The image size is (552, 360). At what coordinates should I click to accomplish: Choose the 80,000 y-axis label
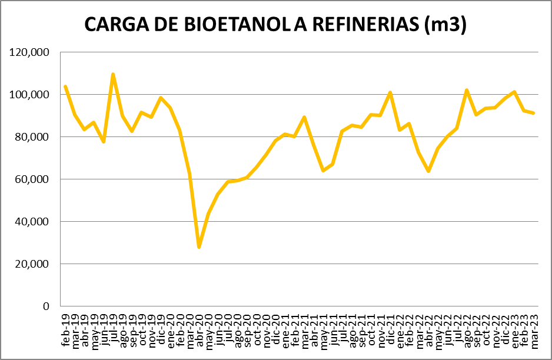pos(33,137)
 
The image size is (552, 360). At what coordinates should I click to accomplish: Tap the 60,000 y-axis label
pos(33,179)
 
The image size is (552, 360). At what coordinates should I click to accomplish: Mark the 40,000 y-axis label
pos(33,222)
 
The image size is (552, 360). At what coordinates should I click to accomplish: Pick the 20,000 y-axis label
pos(33,264)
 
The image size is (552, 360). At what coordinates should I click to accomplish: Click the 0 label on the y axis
pos(45,306)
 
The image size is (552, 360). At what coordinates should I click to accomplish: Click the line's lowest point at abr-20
pos(199,247)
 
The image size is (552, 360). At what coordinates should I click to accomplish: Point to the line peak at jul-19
pos(113,74)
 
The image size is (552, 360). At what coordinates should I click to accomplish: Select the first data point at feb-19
pos(65,86)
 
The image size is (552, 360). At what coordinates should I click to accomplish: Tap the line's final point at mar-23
pos(534,113)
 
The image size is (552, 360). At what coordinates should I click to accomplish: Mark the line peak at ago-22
pos(467,90)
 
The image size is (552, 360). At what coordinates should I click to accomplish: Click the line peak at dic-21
pos(390,92)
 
